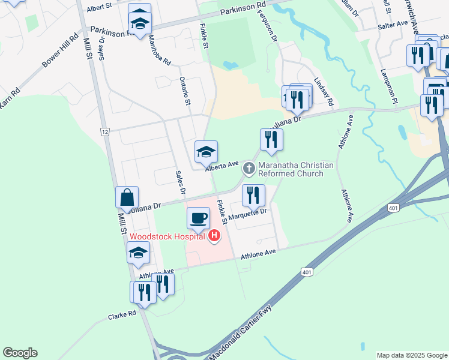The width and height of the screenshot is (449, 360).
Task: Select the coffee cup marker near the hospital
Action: pos(198,218)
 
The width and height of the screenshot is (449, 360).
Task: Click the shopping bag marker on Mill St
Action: pos(127,197)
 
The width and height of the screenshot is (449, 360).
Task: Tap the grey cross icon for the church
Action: pos(248,169)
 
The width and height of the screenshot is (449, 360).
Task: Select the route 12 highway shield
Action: pos(105,131)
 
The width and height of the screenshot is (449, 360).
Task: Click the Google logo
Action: pos(20,353)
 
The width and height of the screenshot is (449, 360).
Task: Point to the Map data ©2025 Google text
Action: pos(411,355)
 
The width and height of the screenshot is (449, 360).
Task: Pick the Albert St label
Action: pos(100,8)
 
